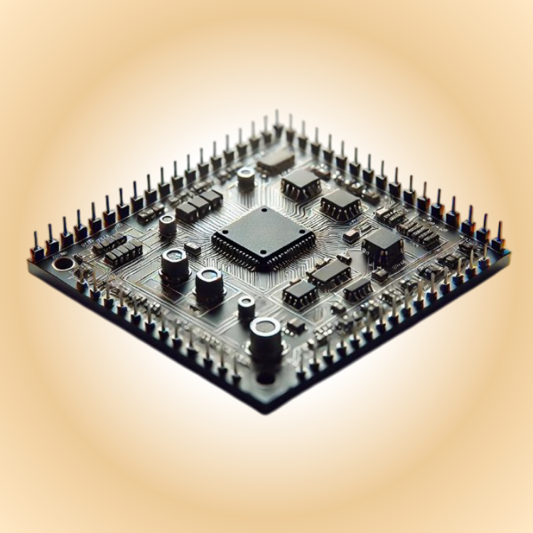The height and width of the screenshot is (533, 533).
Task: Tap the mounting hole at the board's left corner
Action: tap(63, 264)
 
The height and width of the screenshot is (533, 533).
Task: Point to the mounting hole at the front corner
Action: tap(266, 377)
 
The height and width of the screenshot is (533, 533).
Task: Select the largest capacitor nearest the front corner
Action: tap(265, 338)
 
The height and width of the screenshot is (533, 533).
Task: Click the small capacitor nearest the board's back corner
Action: tap(246, 177)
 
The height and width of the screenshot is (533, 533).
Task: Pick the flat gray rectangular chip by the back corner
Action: tap(276, 162)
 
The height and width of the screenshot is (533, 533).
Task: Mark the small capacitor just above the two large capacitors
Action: tap(168, 225)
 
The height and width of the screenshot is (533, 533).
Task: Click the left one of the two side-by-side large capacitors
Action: tap(174, 264)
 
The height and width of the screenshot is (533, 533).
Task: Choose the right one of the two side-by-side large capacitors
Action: tap(210, 284)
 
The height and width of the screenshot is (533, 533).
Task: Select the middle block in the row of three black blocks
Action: tap(198, 206)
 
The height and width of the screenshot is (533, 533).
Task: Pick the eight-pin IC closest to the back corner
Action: tap(301, 183)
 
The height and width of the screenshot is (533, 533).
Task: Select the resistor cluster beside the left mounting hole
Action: tap(117, 249)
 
